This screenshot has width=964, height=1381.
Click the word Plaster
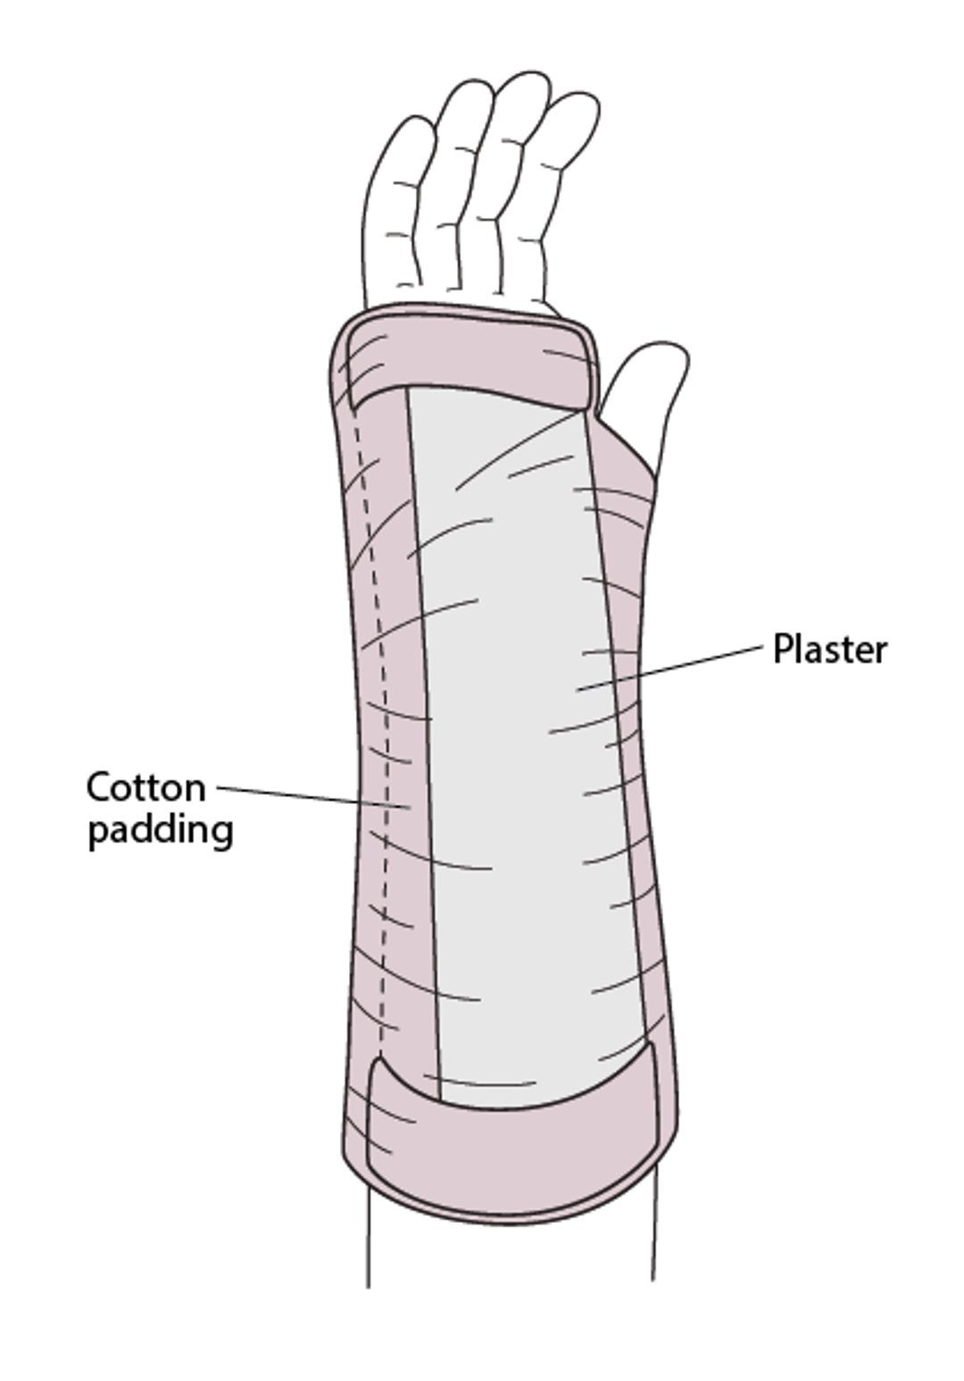[x=829, y=649]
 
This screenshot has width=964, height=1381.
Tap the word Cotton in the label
[x=145, y=788]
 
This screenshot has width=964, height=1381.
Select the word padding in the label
[x=161, y=831]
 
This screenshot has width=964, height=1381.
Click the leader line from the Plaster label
[x=678, y=665]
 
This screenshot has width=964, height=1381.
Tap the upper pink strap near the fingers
[x=469, y=357]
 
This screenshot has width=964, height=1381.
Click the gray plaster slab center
[x=518, y=715]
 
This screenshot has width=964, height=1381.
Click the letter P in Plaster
[x=781, y=649]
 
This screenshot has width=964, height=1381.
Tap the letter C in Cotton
[x=100, y=788]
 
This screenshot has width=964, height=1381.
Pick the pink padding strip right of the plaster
[x=625, y=715]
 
